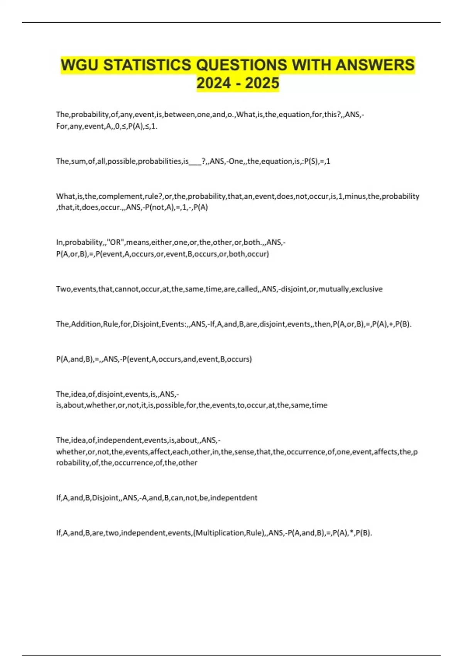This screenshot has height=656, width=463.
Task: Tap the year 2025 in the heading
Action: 262,83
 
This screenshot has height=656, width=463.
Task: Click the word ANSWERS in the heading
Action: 375,65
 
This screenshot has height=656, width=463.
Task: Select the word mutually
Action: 333,289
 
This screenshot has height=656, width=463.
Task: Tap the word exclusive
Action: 367,289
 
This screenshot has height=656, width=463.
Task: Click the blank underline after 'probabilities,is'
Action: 195,161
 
